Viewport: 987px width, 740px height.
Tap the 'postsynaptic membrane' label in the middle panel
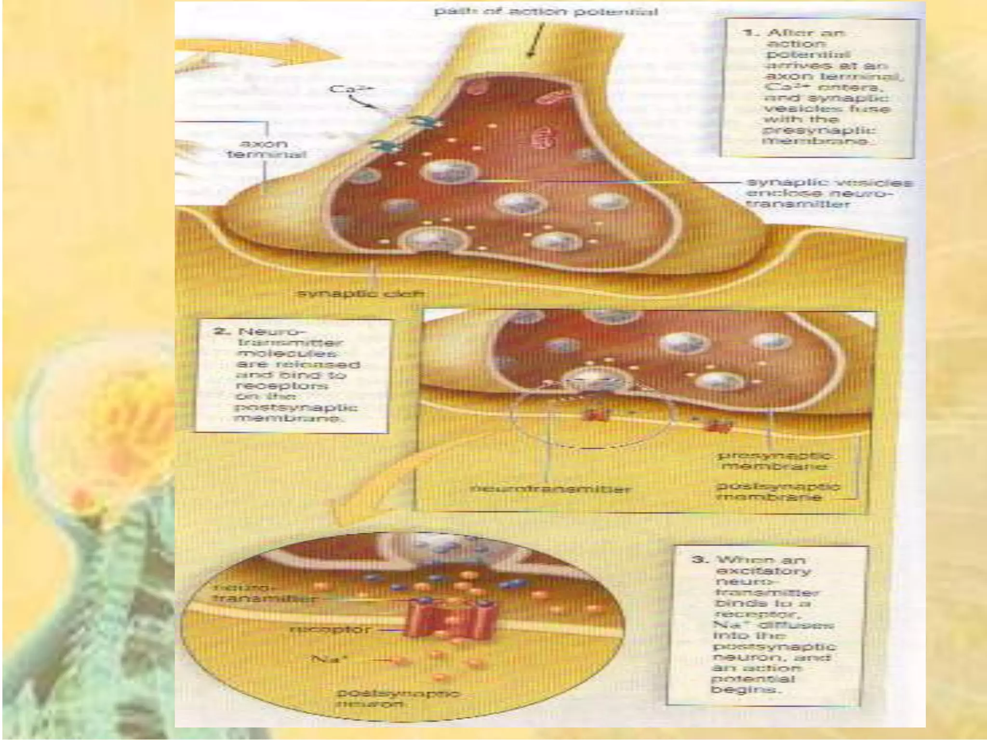pos(777,491)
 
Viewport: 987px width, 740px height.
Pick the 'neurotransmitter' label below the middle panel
pos(549,489)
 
